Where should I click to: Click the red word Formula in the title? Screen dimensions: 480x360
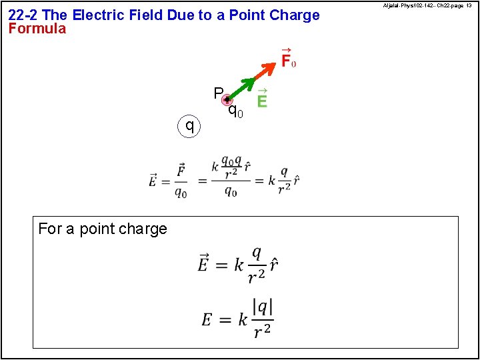click(x=37, y=29)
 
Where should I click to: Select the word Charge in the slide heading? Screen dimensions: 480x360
click(x=296, y=15)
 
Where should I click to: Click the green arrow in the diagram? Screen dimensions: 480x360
click(x=241, y=89)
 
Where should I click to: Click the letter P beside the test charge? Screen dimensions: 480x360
click(x=218, y=93)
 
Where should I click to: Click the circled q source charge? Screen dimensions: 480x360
click(x=190, y=125)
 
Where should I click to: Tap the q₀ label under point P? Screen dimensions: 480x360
click(x=235, y=111)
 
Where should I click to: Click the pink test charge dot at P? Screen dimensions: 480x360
click(x=227, y=101)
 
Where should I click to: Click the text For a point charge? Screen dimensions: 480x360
click(x=103, y=229)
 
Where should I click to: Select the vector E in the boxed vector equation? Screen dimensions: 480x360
click(x=204, y=263)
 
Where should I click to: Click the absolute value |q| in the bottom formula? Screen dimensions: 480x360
click(x=263, y=307)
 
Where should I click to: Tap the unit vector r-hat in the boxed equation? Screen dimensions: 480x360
click(x=273, y=264)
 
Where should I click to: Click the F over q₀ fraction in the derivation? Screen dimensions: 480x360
click(x=181, y=181)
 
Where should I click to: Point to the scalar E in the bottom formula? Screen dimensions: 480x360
click(x=208, y=319)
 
